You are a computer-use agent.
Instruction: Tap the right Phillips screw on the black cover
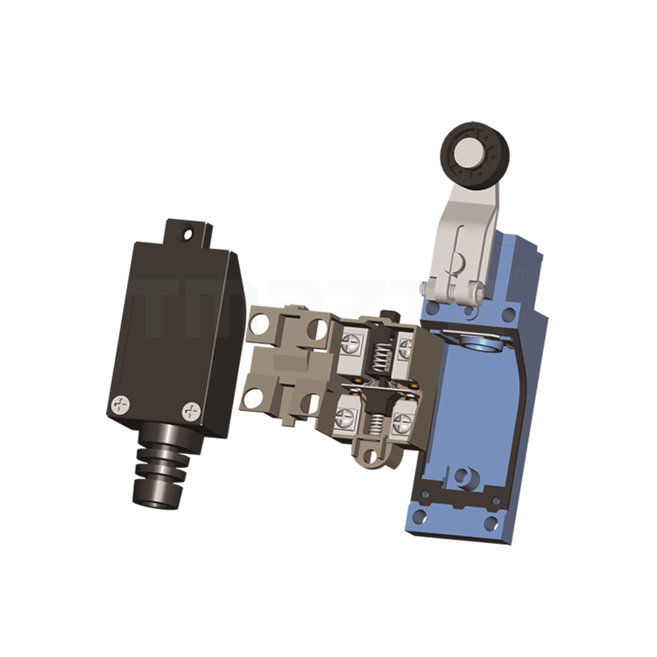tap(190, 409)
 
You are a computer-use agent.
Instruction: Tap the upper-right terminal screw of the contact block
tap(404, 350)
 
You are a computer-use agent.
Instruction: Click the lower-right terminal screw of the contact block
tap(400, 420)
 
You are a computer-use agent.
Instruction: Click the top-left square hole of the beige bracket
tap(260, 328)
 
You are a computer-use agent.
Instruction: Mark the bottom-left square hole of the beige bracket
tap(255, 397)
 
